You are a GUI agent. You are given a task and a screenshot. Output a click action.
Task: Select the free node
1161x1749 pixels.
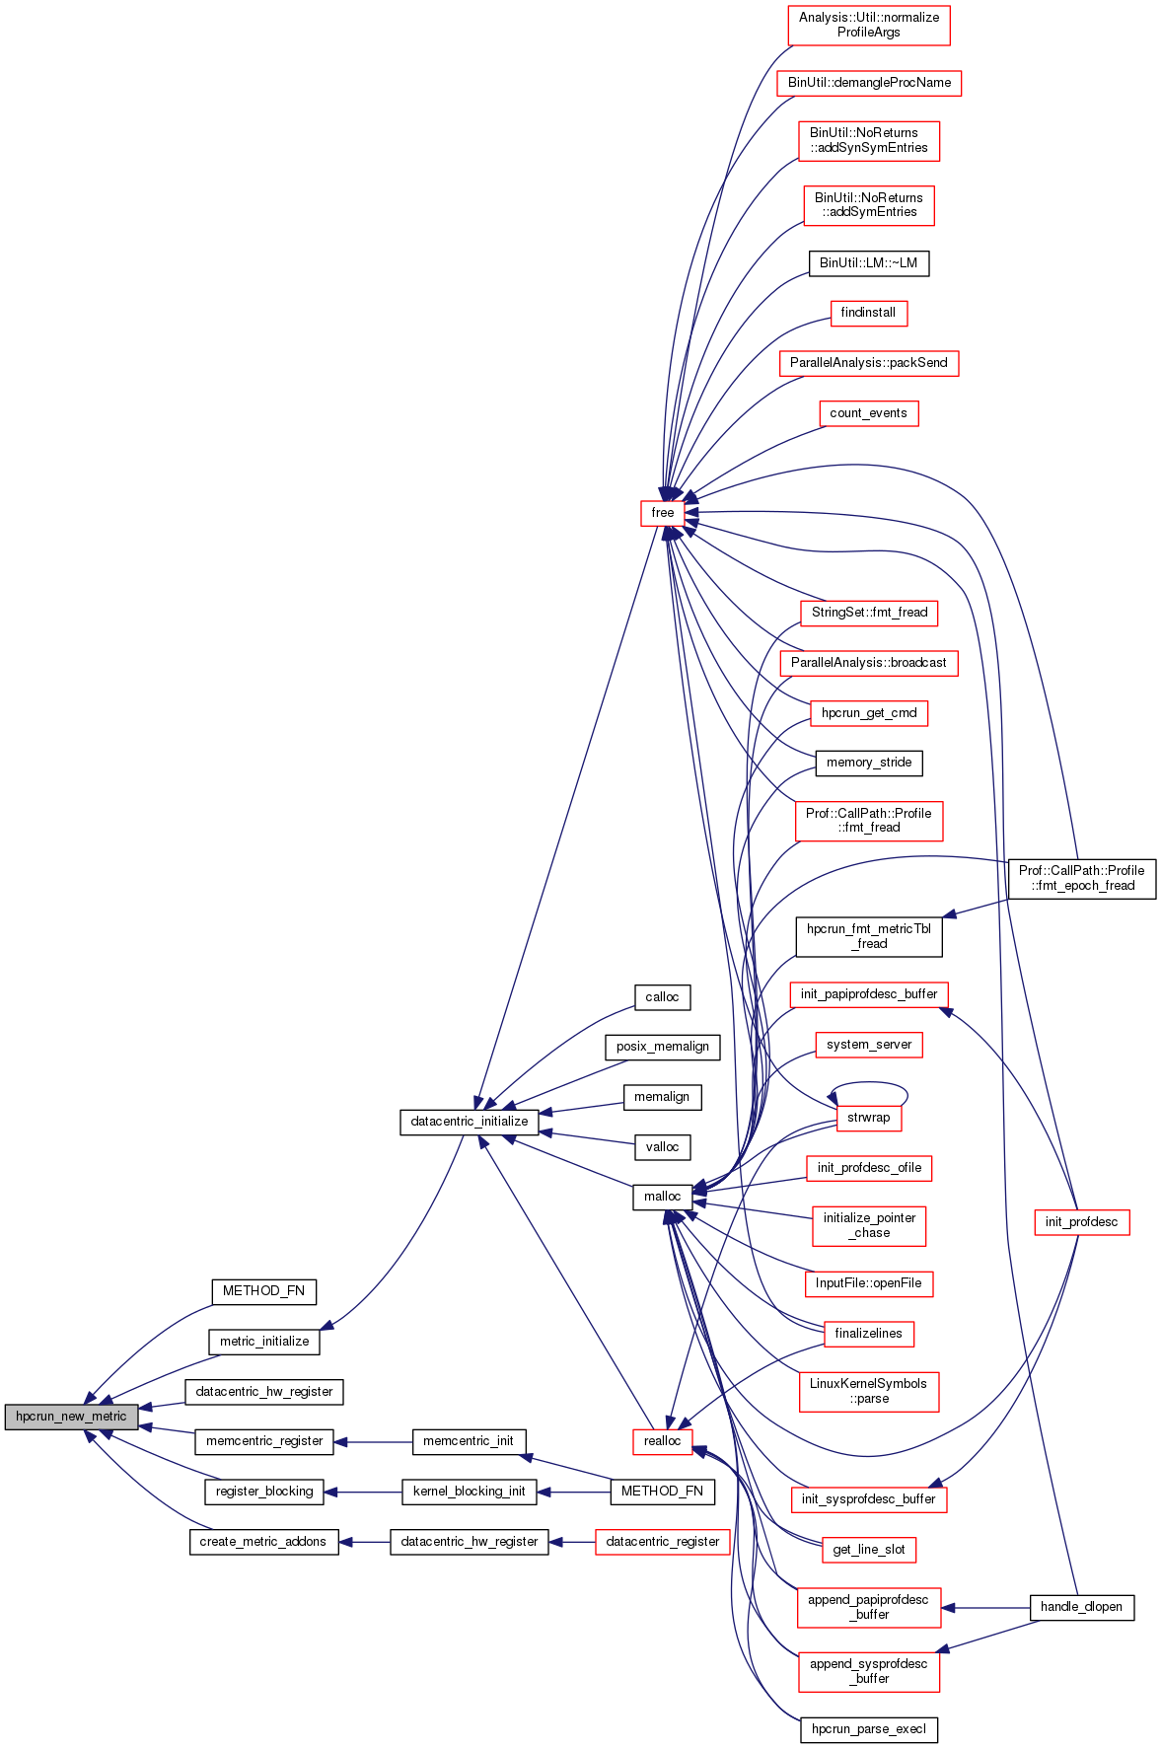tap(663, 513)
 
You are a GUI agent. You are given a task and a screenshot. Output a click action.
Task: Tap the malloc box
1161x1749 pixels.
tap(662, 1197)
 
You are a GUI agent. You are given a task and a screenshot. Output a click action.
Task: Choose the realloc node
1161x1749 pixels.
tap(662, 1441)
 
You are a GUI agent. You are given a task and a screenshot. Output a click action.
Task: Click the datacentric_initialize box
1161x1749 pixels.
tap(470, 1122)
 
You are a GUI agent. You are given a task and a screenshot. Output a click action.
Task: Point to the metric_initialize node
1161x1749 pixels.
tap(264, 1342)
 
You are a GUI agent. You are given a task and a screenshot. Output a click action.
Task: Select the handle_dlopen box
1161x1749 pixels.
tap(1081, 1607)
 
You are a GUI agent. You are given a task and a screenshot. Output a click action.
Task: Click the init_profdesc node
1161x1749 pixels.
tap(1081, 1222)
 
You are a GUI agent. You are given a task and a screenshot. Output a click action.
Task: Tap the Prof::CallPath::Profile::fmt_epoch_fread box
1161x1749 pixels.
tap(1081, 878)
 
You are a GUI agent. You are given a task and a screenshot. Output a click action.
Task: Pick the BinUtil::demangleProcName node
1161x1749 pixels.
tap(869, 83)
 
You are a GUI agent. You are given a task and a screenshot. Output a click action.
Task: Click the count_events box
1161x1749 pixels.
tap(868, 413)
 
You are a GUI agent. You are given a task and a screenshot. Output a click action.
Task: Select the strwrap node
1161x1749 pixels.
tap(868, 1118)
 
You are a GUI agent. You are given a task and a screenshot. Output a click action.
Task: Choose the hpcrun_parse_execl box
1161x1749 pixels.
tap(868, 1729)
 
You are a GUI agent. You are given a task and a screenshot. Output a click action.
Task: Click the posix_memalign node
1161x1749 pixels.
tap(662, 1047)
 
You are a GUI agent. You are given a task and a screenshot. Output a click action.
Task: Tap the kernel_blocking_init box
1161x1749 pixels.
tap(469, 1492)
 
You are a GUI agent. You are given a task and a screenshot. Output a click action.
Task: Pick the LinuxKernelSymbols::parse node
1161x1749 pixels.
tap(868, 1391)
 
